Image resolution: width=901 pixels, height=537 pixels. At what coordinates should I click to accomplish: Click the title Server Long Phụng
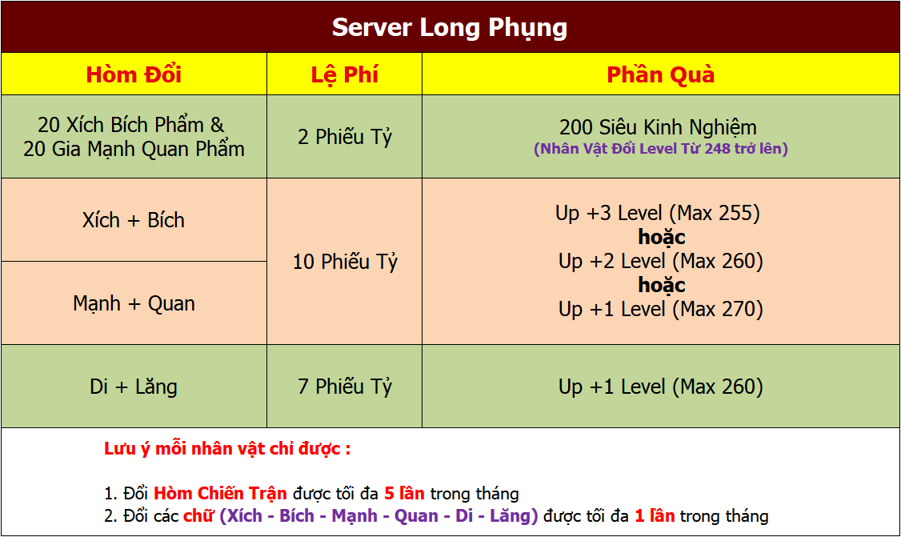coord(450,27)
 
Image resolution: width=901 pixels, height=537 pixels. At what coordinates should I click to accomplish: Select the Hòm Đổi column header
coord(134,74)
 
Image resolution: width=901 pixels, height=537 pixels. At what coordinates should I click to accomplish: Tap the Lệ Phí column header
coord(345,75)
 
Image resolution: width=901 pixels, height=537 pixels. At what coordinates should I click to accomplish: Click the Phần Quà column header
coord(661,75)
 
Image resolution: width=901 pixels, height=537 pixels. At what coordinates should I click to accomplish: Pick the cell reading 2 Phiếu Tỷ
coord(345,137)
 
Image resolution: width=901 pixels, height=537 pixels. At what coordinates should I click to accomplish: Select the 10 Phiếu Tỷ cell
coord(345,262)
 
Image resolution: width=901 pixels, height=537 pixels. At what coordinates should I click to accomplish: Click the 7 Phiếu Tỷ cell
coord(345,387)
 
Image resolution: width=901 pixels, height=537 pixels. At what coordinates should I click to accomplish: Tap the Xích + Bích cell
coord(134,220)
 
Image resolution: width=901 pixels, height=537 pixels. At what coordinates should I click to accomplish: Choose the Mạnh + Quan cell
coord(134,303)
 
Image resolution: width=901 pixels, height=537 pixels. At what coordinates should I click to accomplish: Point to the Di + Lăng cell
coord(134,387)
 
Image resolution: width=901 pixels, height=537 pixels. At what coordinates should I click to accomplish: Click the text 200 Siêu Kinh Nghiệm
coord(658,127)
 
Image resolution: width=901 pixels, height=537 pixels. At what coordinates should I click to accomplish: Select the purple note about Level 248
coord(661,149)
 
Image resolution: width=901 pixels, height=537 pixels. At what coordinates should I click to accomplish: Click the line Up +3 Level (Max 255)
coord(658,214)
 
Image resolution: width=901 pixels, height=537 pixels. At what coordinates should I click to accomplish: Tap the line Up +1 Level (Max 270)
coord(661,310)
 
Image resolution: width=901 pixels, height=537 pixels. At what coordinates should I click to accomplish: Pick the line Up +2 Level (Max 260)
coord(661,261)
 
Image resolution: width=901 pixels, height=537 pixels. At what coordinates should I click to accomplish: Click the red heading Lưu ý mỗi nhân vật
coord(227,448)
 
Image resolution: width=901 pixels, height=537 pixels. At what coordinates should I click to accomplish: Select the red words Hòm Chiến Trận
coord(220,493)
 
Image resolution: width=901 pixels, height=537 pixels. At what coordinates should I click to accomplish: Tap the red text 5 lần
coord(405,493)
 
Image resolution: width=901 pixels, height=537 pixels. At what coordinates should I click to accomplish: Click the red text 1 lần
coord(655,515)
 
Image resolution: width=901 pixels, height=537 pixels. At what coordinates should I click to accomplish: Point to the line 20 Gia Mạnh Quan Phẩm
coord(134,149)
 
